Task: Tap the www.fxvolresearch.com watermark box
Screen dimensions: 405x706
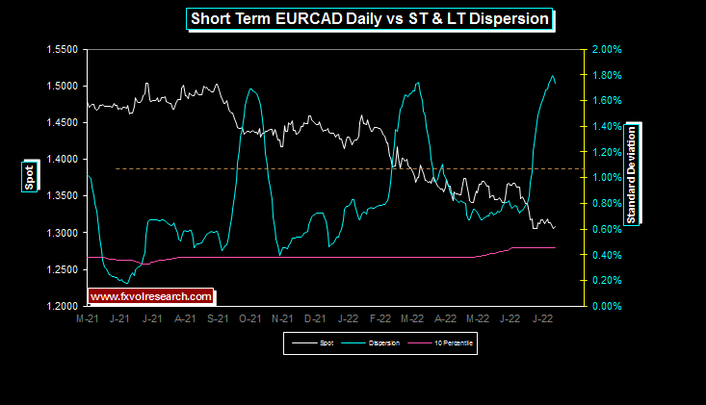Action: (150, 296)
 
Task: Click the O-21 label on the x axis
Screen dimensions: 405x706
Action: (249, 317)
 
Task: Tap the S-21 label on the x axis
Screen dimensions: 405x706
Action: (218, 317)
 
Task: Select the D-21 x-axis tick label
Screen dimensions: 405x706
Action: (315, 317)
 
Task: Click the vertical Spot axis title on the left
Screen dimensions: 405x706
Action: (30, 177)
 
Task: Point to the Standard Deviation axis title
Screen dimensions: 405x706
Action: (633, 174)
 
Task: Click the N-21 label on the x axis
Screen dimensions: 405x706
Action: (282, 317)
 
